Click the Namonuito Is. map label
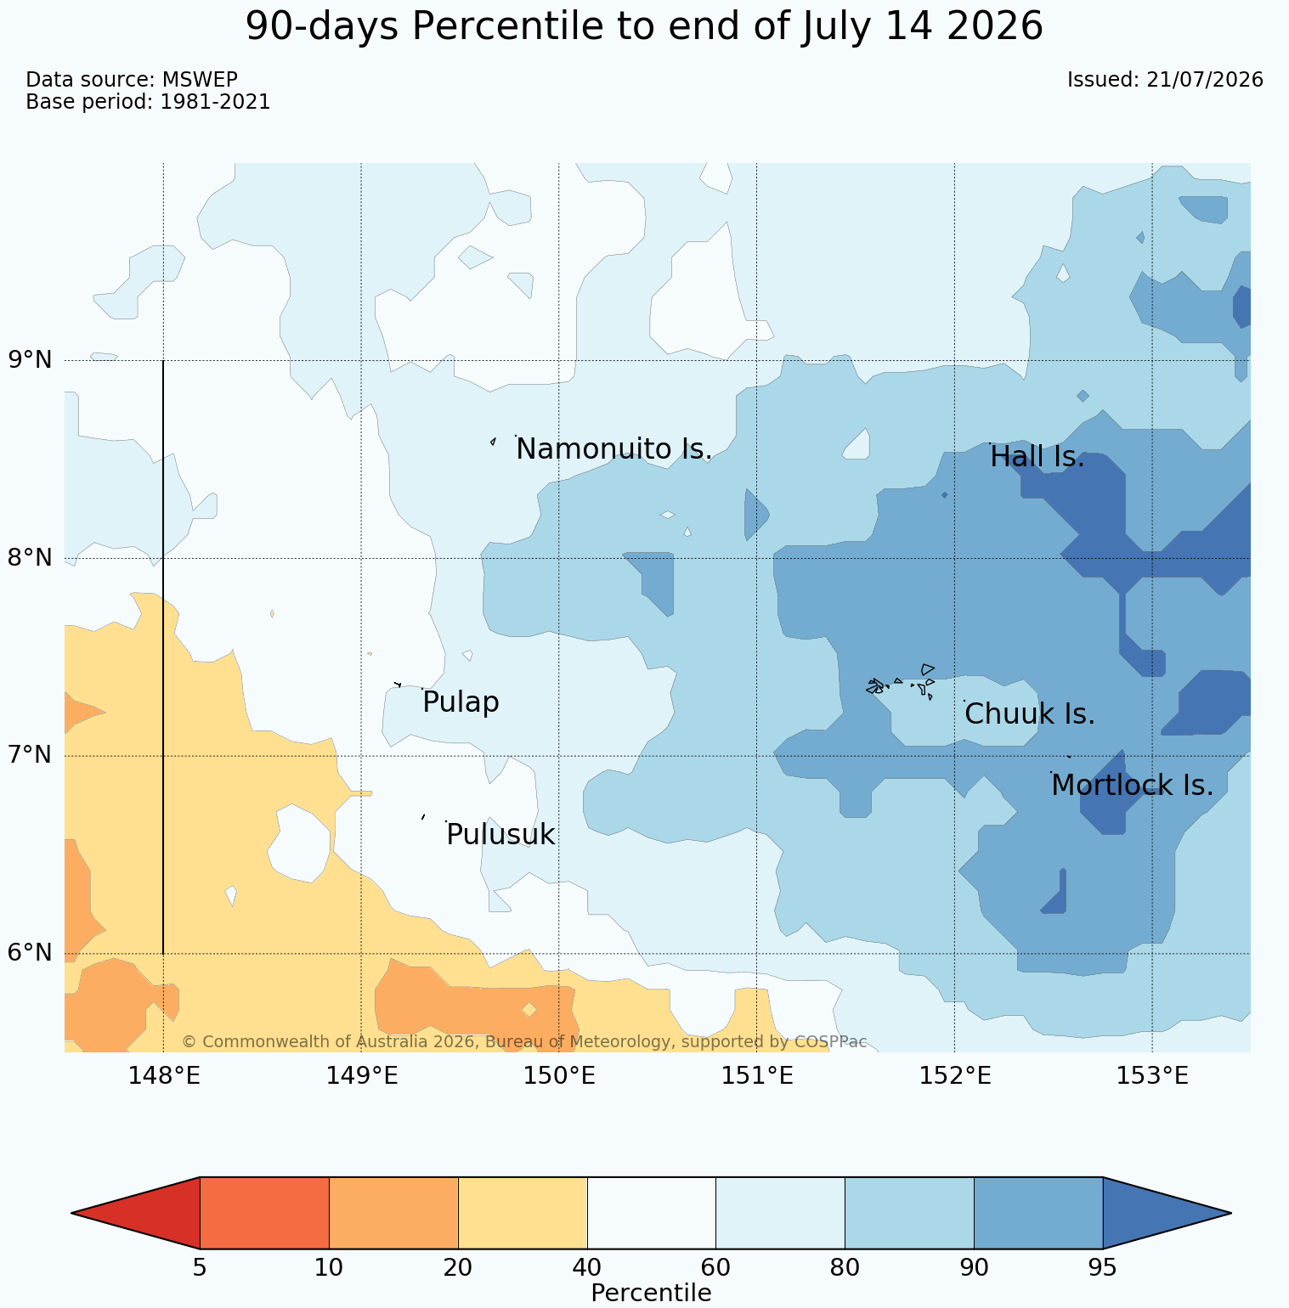[x=613, y=449]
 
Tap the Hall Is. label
[x=1037, y=457]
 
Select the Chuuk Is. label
[x=1030, y=714]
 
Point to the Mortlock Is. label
[x=1132, y=786]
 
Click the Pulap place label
[x=461, y=703]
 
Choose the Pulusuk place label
[x=500, y=835]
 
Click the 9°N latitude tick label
[x=31, y=360]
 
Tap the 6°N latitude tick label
[x=31, y=953]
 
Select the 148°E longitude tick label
[x=164, y=1077]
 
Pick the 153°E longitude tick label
[x=1152, y=1077]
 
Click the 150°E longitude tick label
[x=559, y=1077]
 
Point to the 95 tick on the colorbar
[x=1102, y=1268]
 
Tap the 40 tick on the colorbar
[x=587, y=1268]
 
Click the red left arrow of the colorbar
[x=136, y=1213]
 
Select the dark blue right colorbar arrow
[x=1167, y=1213]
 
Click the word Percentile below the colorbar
[x=651, y=1294]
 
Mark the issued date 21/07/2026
[x=1205, y=80]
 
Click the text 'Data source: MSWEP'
[x=132, y=80]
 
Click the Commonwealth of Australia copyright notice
[x=524, y=1042]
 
